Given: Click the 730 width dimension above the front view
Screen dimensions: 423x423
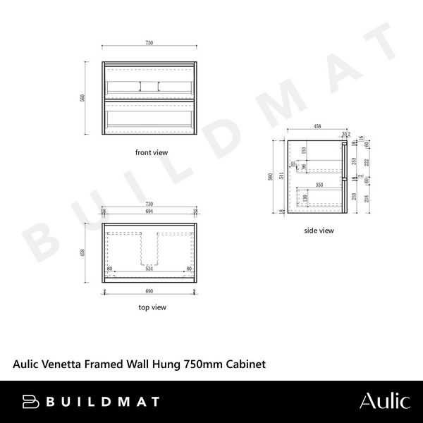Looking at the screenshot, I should pyautogui.click(x=149, y=43).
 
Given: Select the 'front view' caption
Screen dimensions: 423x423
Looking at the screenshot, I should pyautogui.click(x=151, y=152).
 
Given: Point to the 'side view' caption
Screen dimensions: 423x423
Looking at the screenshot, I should pyautogui.click(x=319, y=230).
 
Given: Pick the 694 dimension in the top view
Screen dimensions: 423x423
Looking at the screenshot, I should pyautogui.click(x=149, y=211).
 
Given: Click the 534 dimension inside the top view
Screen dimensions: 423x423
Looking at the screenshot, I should pyautogui.click(x=149, y=269).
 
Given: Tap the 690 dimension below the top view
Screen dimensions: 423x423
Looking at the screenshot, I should pyautogui.click(x=149, y=291).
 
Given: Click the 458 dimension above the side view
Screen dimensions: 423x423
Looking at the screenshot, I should pyautogui.click(x=317, y=127).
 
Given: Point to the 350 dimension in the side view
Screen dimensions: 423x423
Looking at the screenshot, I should pyautogui.click(x=319, y=184).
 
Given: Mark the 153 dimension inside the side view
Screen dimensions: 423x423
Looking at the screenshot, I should pyautogui.click(x=304, y=150).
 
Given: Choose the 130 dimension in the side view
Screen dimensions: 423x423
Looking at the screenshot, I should pyautogui.click(x=304, y=200).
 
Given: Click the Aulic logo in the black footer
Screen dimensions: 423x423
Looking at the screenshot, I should pyautogui.click(x=384, y=401).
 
